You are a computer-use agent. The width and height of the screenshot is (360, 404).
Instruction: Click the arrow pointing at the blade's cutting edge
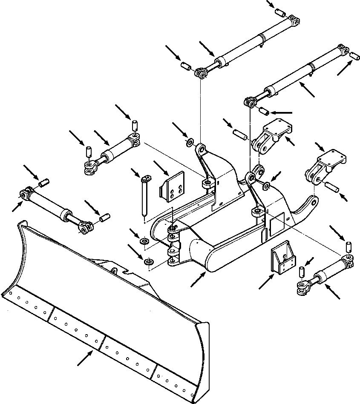pyautogui.click(x=85, y=358)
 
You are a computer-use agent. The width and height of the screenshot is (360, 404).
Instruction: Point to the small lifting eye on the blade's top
pyautogui.click(x=114, y=270)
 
